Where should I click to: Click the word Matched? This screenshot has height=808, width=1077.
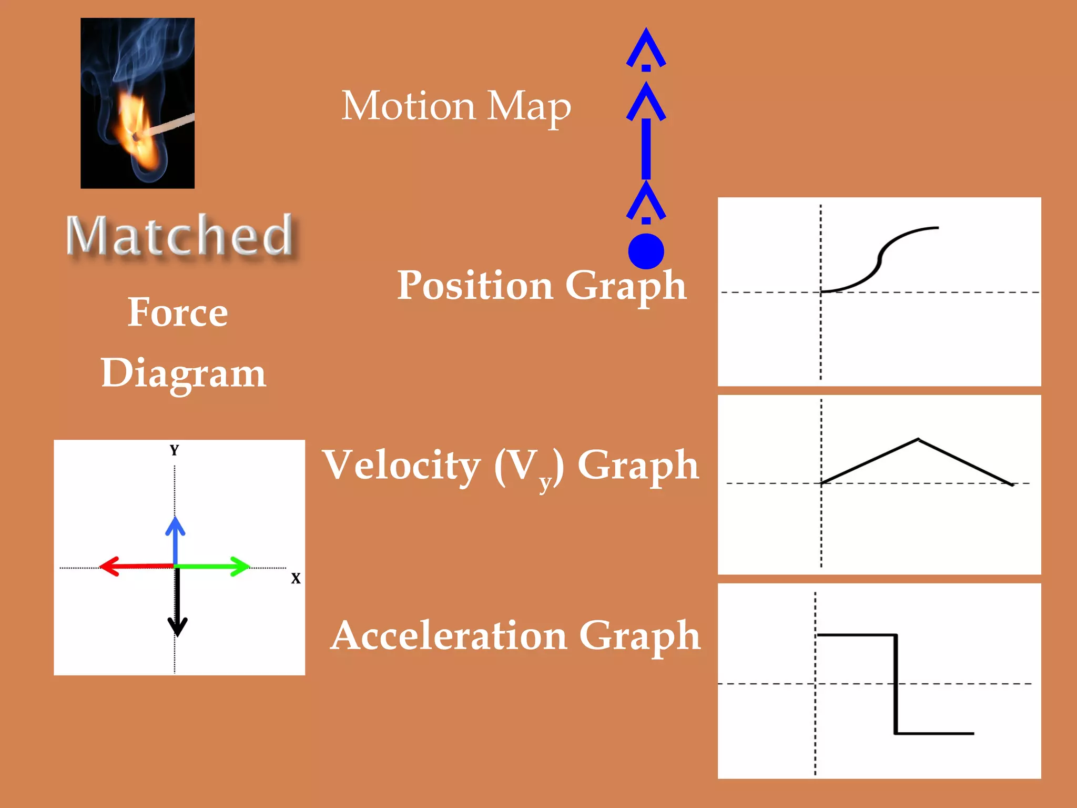pos(179,235)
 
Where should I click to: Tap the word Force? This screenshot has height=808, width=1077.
pos(178,312)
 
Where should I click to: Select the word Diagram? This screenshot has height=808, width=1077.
pos(184,373)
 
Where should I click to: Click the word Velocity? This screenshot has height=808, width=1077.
pos(402,465)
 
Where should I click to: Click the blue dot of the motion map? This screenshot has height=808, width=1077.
pos(646,251)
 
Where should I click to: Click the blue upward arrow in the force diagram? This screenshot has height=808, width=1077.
pos(175,539)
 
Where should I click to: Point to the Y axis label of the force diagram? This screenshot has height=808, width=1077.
pos(175,450)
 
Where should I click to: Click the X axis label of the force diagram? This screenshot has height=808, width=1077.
pos(296,579)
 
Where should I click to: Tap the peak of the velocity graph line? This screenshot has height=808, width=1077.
pos(918,439)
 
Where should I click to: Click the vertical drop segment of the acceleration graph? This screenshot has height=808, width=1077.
pos(896,684)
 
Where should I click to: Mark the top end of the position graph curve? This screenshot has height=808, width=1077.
pos(937,228)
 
